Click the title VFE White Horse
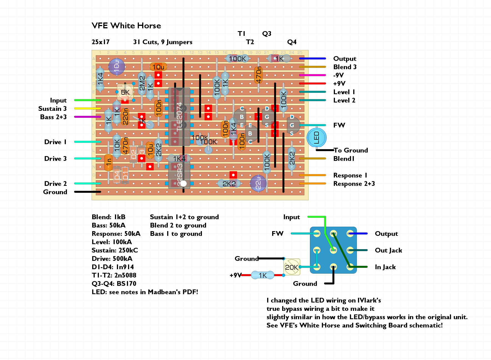[x=126, y=26]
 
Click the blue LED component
[x=316, y=137]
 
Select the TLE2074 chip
[x=179, y=117]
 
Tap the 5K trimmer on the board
[x=125, y=92]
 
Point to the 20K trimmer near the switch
[x=292, y=267]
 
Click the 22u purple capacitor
[x=258, y=183]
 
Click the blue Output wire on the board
[x=312, y=59]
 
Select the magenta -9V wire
[x=312, y=75]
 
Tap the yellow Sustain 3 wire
[x=87, y=109]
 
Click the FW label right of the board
[x=339, y=125]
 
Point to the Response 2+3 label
[x=354, y=184]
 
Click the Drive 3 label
[x=55, y=159]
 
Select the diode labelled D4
[x=117, y=175]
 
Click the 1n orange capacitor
[x=108, y=162]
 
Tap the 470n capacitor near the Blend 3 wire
[x=258, y=75]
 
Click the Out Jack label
[x=388, y=250]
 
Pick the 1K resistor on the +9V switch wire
[x=262, y=275]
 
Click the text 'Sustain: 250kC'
[x=115, y=250]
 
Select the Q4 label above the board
[x=292, y=42]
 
